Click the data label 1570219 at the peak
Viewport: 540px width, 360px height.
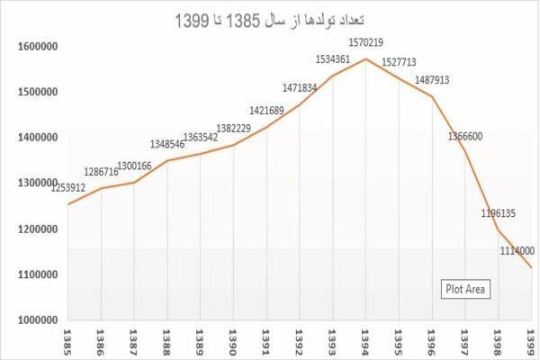[x=366, y=42]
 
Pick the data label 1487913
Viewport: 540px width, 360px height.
[x=435, y=80]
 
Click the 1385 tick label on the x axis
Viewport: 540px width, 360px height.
[x=67, y=342]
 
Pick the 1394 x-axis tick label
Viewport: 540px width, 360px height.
[x=365, y=342]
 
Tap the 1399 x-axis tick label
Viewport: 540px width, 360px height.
[x=532, y=342]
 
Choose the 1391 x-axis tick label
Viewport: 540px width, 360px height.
[x=266, y=342]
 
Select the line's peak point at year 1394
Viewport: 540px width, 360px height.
[x=365, y=59]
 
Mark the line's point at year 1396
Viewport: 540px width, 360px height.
[x=432, y=96]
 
